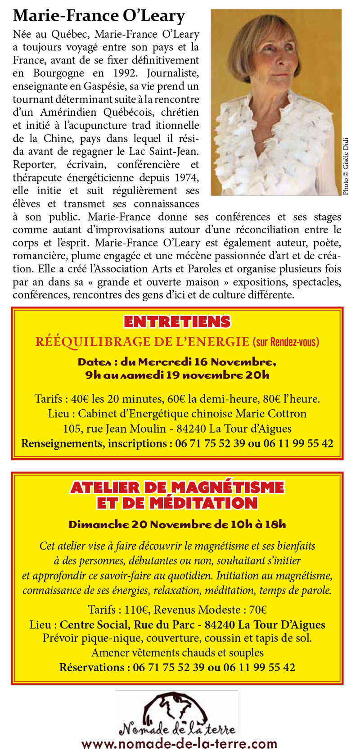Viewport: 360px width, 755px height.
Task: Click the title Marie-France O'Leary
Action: point(99,16)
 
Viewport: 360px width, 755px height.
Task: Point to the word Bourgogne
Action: point(58,73)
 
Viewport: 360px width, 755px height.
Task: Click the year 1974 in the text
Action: point(187,177)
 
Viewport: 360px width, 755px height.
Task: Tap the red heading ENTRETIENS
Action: point(177,322)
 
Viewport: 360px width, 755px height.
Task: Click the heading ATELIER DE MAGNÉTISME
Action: point(177,488)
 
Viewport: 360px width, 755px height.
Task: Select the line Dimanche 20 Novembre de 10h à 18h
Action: point(177,524)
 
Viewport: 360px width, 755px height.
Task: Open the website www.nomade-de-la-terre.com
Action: point(179,744)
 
